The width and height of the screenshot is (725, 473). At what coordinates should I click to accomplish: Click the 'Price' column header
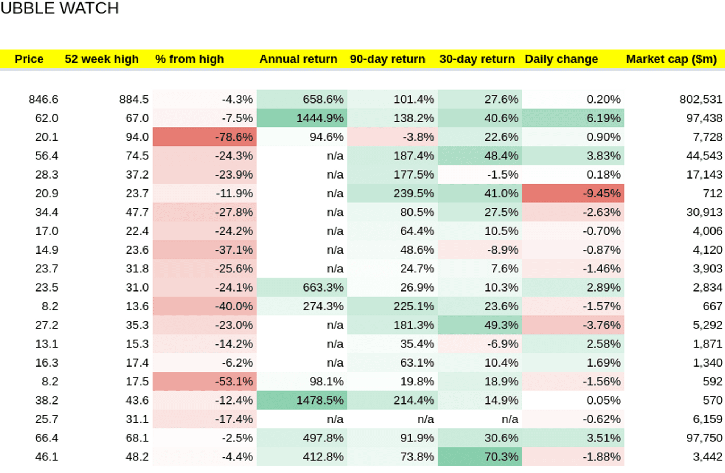pos(29,59)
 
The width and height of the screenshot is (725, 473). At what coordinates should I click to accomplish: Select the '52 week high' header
pos(101,59)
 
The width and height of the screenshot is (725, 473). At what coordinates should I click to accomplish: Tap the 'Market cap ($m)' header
pos(671,59)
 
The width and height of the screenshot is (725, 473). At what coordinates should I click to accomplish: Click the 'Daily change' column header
pos(562,59)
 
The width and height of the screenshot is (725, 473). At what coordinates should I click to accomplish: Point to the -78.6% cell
pos(204,137)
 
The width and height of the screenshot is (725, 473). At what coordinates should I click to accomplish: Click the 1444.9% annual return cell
pos(302,118)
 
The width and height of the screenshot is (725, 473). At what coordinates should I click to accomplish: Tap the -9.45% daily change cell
pos(573,193)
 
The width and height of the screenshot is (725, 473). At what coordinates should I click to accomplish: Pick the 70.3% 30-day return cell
pos(480,457)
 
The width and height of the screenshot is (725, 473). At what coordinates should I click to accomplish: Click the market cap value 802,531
pos(701,99)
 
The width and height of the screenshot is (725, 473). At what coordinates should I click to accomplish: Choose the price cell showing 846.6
pos(43,99)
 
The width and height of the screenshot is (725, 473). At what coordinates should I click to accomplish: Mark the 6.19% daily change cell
pos(573,118)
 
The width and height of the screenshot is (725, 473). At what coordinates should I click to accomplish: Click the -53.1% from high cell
pos(204,381)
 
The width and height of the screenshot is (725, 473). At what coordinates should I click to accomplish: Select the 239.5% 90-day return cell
pos(393,193)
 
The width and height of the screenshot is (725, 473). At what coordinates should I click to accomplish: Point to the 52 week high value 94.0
pos(137,137)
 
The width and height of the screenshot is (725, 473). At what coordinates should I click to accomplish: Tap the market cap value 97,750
pos(704,438)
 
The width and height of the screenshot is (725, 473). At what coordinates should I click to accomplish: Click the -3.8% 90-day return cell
pos(393,137)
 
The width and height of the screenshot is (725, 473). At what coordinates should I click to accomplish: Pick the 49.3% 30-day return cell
pos(480,325)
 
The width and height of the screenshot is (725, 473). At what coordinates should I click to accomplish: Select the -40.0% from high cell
pos(204,306)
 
